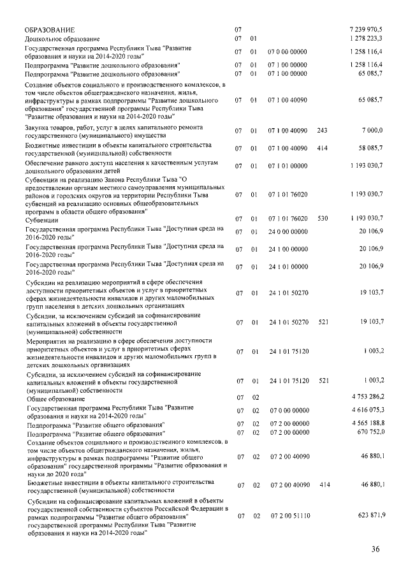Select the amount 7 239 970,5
click(x=366, y=30)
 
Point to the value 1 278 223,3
click(x=366, y=39)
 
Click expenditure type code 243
click(x=321, y=131)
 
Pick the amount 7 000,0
click(x=372, y=131)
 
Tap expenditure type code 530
click(x=323, y=219)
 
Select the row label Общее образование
click(x=53, y=397)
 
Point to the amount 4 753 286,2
click(x=367, y=397)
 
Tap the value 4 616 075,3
click(x=367, y=411)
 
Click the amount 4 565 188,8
click(x=367, y=424)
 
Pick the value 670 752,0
click(x=369, y=433)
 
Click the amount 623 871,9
click(x=369, y=515)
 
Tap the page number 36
click(x=375, y=550)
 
